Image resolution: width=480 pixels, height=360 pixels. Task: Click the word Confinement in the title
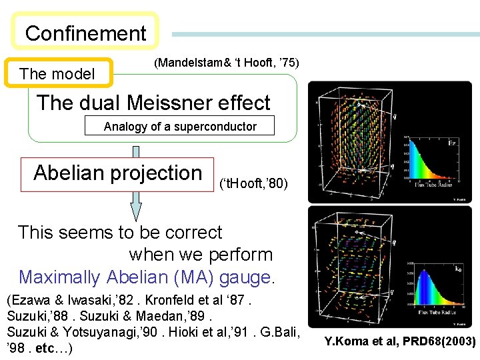[85, 33]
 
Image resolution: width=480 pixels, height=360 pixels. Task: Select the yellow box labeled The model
[58, 74]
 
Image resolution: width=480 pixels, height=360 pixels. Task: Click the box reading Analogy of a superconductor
[180, 127]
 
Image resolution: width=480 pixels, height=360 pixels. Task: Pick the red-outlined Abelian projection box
[117, 173]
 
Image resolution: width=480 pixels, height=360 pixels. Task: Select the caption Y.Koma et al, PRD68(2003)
[400, 342]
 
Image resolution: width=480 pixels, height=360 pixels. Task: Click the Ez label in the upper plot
[451, 141]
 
